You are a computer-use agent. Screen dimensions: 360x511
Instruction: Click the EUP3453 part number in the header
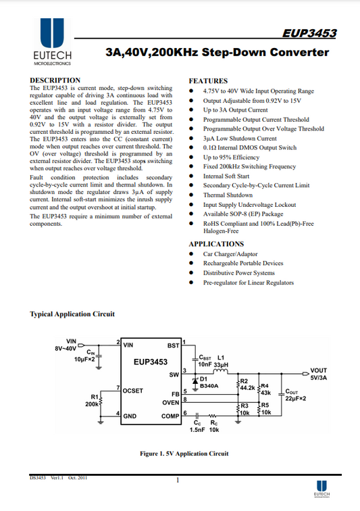[309, 33]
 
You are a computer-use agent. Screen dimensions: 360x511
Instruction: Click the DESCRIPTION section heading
[55, 80]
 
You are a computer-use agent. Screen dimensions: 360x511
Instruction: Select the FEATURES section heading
[208, 81]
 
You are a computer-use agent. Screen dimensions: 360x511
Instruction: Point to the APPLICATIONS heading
[216, 244]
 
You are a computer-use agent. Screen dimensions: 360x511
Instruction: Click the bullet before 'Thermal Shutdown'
[191, 195]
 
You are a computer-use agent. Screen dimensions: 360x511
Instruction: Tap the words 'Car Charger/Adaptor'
[230, 254]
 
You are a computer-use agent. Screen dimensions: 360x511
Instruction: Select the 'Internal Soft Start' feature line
[226, 176]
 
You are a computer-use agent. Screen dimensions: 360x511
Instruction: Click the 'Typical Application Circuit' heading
[72, 314]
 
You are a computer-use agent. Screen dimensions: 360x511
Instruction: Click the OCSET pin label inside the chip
[132, 391]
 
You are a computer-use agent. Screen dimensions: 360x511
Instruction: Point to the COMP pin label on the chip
[170, 416]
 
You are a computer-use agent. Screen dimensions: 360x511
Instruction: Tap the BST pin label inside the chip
[174, 345]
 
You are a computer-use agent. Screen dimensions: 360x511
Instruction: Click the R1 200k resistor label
[93, 401]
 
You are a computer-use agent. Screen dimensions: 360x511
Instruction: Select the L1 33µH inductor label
[221, 361]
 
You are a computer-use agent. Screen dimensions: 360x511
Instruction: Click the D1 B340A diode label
[209, 383]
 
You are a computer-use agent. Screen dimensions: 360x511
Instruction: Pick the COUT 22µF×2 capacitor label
[295, 395]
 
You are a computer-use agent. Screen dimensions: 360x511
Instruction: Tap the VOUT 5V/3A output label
[319, 374]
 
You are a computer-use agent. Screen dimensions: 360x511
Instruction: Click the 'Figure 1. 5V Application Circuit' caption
[184, 454]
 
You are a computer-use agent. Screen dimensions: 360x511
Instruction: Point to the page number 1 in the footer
[178, 481]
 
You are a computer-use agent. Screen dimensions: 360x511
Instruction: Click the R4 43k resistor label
[265, 389]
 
